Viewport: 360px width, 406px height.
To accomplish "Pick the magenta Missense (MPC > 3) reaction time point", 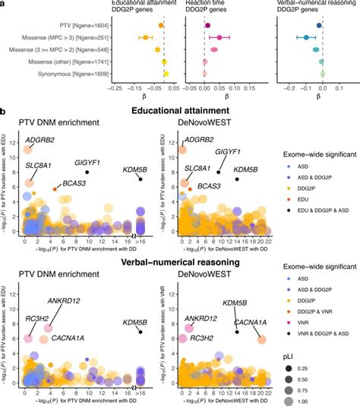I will [x=219, y=37].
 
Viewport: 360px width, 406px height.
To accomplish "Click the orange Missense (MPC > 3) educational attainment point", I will [x=145, y=37].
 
